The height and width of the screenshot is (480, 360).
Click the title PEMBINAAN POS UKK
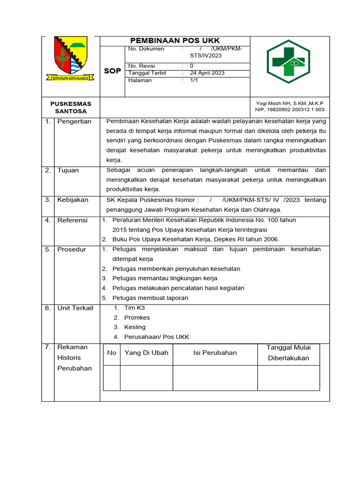175,41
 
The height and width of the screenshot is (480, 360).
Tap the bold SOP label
112,71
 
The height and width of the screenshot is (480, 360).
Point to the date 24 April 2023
207,73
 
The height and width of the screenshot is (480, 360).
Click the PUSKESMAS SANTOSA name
71,107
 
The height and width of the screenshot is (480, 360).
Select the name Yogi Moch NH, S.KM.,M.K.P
289,103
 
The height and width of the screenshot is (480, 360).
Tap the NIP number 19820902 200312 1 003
289,110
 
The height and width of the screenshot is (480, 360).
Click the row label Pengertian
74,121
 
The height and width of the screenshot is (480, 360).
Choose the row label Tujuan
68,170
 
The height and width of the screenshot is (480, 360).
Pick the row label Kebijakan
73,200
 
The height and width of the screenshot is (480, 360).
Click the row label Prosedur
72,249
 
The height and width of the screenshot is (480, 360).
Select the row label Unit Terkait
75,308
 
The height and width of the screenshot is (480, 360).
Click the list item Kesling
135,327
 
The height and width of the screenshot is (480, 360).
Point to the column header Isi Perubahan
215,353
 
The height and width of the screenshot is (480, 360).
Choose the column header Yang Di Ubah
146,353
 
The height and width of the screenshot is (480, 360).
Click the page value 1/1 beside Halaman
194,80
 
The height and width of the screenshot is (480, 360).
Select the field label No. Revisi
142,66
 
